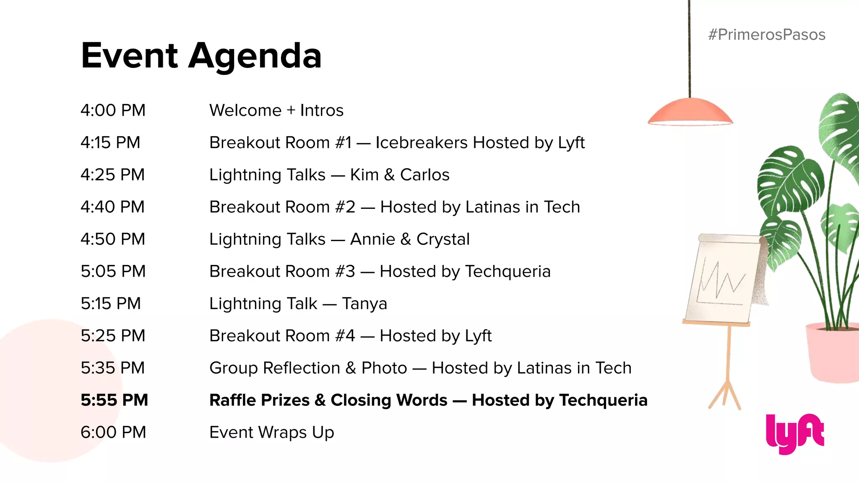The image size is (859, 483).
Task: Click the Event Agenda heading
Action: point(201,56)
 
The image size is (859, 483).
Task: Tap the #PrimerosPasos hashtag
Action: point(767,35)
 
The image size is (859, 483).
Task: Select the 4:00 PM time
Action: point(113,111)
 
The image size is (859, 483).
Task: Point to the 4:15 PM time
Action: point(110,143)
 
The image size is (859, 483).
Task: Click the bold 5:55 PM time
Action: point(114,400)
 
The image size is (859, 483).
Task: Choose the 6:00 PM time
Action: point(113,433)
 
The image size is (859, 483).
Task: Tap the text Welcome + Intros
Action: point(276,111)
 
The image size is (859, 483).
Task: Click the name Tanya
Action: point(364,304)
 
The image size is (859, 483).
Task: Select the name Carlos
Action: point(424,175)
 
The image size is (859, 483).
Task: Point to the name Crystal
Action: point(443,239)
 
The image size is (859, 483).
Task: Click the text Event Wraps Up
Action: point(272,433)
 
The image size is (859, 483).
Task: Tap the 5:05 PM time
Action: point(113,272)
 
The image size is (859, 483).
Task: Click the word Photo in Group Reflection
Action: point(384,368)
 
